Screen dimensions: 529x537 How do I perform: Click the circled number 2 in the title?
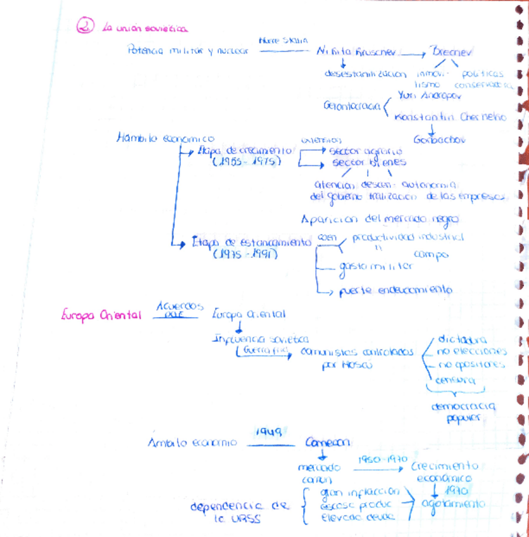[x=85, y=27]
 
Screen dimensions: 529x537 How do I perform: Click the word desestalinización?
[x=365, y=73]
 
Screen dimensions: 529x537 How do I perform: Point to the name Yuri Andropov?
[x=430, y=96]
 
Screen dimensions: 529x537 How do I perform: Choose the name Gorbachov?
[x=439, y=139]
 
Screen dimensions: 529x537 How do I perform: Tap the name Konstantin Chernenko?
[x=450, y=117]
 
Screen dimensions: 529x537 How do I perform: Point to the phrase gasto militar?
[x=375, y=267]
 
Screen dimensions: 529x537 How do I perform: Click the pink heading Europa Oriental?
[x=101, y=315]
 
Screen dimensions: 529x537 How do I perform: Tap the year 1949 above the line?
[x=268, y=431]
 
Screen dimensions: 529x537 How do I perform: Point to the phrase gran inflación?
[x=359, y=491]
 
